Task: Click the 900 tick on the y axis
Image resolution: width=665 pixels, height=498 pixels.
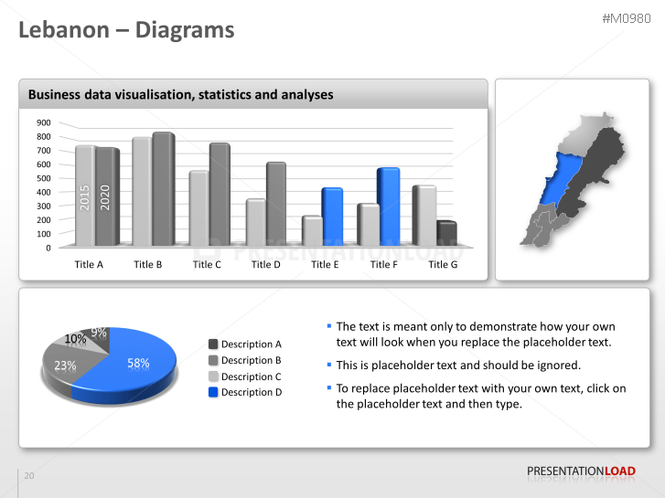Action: pos(43,122)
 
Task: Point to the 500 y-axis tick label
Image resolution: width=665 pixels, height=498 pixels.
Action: pos(43,178)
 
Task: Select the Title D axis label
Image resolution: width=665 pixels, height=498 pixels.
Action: pos(266,265)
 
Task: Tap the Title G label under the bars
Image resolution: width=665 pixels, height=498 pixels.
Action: pos(443,265)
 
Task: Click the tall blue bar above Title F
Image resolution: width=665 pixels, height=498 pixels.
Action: pos(388,206)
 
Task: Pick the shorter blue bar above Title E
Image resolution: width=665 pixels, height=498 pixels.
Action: pos(331,216)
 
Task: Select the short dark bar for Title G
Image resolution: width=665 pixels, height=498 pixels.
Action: pos(446,233)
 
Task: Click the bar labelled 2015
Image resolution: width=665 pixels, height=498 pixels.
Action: pos(85,196)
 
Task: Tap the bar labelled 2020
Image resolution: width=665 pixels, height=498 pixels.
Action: pos(106,196)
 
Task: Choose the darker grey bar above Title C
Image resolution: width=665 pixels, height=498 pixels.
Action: pos(220,194)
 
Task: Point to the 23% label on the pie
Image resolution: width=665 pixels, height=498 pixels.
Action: pos(65,366)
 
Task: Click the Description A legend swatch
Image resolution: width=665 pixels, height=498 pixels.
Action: pos(213,344)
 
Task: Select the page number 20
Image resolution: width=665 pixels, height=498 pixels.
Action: pos(29,476)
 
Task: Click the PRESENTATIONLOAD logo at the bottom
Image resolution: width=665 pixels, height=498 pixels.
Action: pos(581,472)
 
